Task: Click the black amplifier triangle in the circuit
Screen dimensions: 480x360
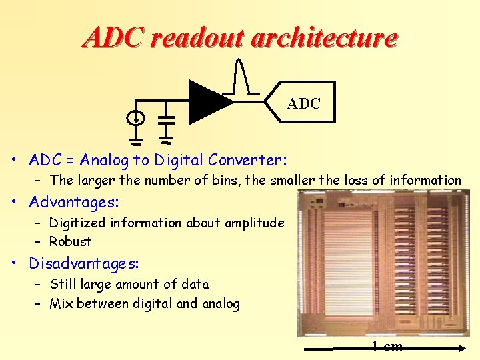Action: click(207, 102)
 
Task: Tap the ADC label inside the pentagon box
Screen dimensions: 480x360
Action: click(304, 104)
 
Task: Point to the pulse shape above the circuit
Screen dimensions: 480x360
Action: click(242, 76)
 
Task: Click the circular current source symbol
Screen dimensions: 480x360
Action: click(135, 118)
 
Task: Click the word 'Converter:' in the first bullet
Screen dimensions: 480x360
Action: click(247, 160)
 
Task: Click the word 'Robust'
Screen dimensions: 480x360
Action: click(71, 241)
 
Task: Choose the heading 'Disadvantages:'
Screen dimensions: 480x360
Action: click(83, 263)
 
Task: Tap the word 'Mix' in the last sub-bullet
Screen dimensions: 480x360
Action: click(61, 304)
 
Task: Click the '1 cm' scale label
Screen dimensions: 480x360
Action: click(387, 346)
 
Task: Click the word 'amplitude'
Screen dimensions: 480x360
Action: click(256, 223)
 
